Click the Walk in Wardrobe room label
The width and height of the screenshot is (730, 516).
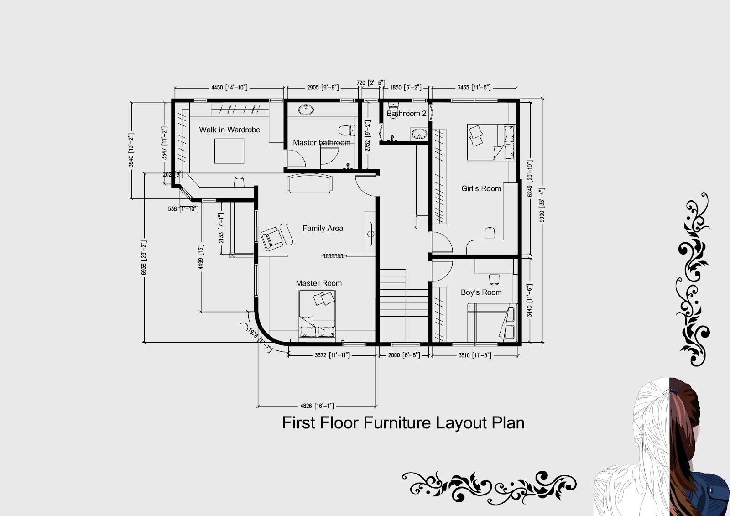(229, 130)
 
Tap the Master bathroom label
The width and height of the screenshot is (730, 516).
(322, 142)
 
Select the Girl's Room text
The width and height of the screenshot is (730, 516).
(481, 188)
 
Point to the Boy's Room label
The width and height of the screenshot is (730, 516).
(481, 292)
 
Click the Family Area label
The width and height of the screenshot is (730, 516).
(323, 228)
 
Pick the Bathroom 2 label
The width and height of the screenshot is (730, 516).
(407, 113)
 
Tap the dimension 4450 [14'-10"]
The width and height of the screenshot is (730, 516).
(229, 87)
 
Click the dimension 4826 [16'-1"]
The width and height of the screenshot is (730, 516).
(317, 406)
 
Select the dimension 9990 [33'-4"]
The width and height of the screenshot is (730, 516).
(542, 205)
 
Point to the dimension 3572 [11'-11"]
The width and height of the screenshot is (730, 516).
(332, 355)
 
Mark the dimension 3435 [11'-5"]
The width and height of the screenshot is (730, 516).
(474, 87)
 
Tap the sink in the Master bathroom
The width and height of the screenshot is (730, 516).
(306, 109)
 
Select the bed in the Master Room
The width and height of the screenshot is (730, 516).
(317, 315)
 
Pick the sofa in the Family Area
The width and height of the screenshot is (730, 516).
(310, 183)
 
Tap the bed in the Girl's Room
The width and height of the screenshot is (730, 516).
(490, 142)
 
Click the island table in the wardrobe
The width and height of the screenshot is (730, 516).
(229, 151)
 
